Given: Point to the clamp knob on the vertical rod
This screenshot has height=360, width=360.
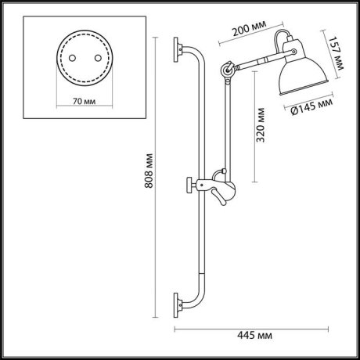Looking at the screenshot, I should click(x=190, y=185).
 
